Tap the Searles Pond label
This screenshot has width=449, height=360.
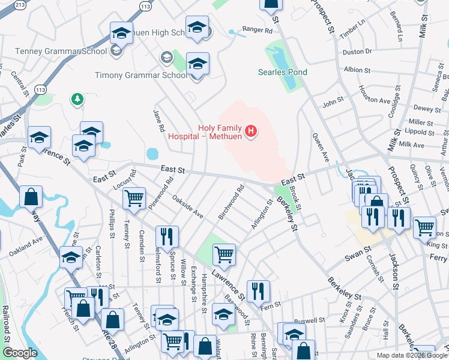pos(282,73)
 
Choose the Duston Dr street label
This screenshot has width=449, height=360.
pos(357,52)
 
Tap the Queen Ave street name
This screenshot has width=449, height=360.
pos(321,148)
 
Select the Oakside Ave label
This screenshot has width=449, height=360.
pos(188,206)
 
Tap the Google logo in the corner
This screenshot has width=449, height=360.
pos(19,353)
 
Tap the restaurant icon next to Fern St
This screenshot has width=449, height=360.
pos(258,290)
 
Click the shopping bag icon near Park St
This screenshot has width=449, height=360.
pos(31,196)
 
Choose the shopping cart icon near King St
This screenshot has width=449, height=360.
pos(424,226)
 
